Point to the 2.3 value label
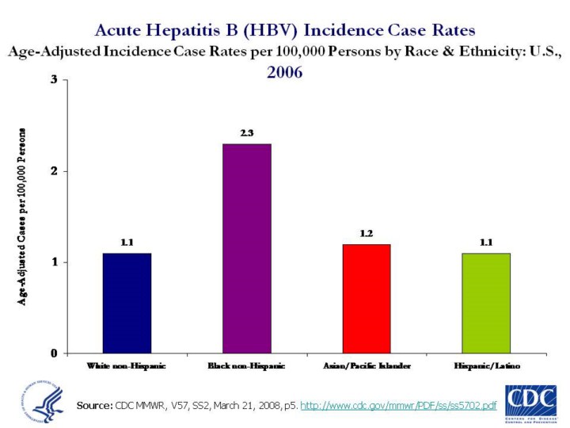coord(246,133)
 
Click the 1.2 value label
coord(367,233)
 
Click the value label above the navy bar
coord(127,243)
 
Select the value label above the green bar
coord(486,243)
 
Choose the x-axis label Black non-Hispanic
coord(246,366)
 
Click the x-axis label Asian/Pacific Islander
coord(367,366)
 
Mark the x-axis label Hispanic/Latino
coord(486,366)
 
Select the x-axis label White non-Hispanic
coord(127,366)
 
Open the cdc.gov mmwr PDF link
coord(399,406)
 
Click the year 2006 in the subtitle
coord(284,71)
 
